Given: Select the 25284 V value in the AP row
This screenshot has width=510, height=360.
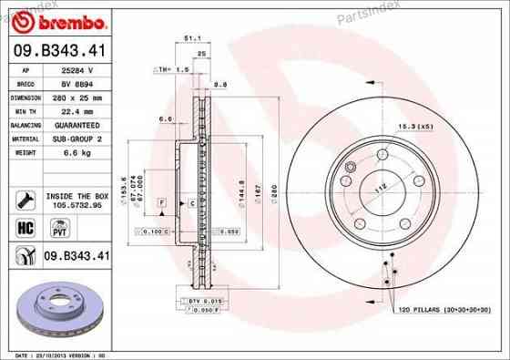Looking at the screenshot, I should point(76,68).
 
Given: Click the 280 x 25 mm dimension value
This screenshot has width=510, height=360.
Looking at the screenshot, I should point(75,96).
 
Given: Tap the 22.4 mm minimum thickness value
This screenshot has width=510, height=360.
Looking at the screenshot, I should point(75,110).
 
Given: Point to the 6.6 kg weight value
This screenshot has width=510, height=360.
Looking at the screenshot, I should point(75,152).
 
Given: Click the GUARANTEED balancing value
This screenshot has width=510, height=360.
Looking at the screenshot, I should point(75,124).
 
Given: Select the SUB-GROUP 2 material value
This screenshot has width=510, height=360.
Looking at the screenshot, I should point(75,139).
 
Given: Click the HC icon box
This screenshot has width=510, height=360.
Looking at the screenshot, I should point(25,225).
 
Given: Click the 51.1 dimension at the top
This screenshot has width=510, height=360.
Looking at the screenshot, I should point(192,38).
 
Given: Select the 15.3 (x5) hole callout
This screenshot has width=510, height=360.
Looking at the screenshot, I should point(412,125).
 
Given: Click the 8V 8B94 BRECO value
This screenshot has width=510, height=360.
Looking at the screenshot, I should point(75,82).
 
